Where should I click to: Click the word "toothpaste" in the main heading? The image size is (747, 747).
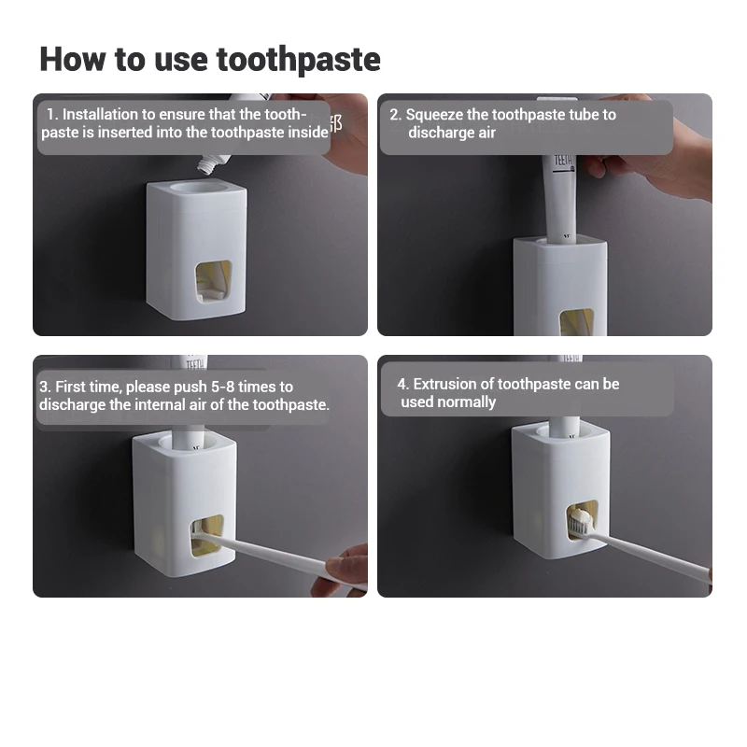298,61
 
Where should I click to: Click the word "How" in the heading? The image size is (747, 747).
73,59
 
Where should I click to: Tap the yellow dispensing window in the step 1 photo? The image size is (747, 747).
213,282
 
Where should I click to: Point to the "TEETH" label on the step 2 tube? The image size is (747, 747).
563,161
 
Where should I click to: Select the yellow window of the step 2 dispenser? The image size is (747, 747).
576,322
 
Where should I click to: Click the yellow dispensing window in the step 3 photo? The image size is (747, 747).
207,535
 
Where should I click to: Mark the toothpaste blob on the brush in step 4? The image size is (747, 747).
582,515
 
